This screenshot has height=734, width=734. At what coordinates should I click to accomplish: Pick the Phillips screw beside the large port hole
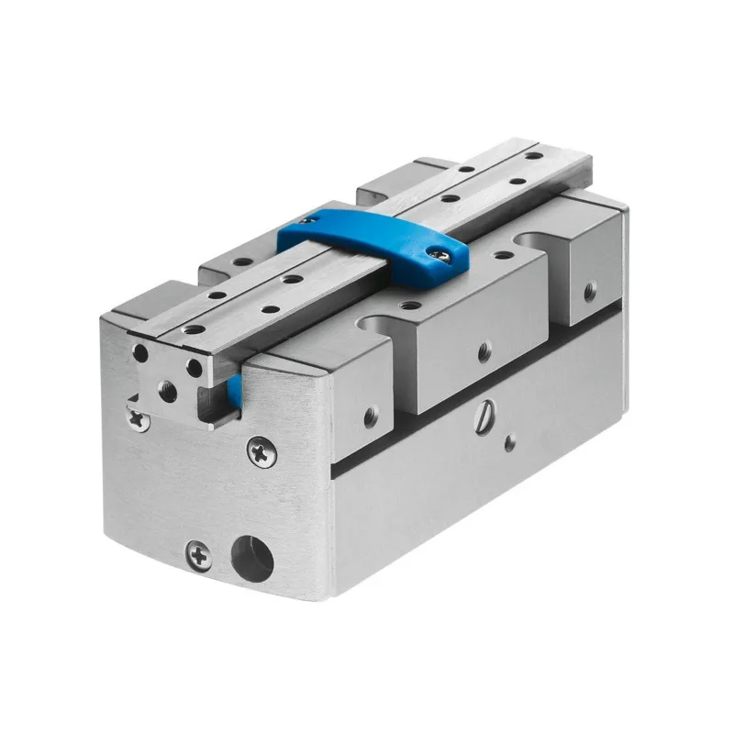coord(198,553)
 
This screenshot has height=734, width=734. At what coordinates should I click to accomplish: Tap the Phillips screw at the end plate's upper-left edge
coord(139,418)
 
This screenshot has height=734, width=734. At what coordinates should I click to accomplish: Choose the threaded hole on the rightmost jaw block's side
coord(584,295)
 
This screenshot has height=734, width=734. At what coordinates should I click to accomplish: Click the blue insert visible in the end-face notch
coord(235,392)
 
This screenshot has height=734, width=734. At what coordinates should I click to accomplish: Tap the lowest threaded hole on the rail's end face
coord(170,391)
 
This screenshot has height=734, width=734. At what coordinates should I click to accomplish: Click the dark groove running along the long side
coord(477,417)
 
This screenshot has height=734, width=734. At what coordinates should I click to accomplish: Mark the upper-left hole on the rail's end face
coord(141,352)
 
